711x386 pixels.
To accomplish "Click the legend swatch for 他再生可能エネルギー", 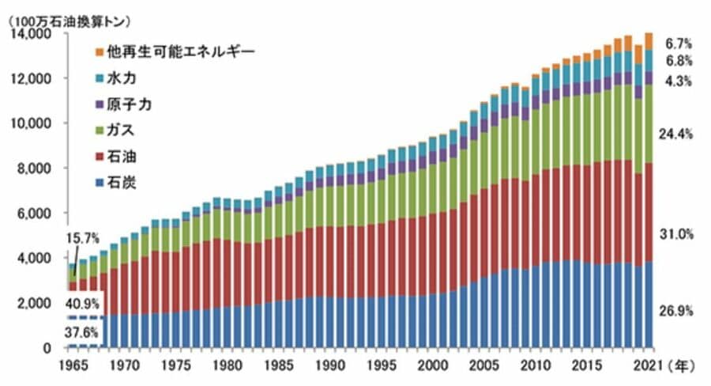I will [99, 52].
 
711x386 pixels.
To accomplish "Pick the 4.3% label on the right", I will [679, 81].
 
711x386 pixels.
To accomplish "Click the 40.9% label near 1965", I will [82, 301].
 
